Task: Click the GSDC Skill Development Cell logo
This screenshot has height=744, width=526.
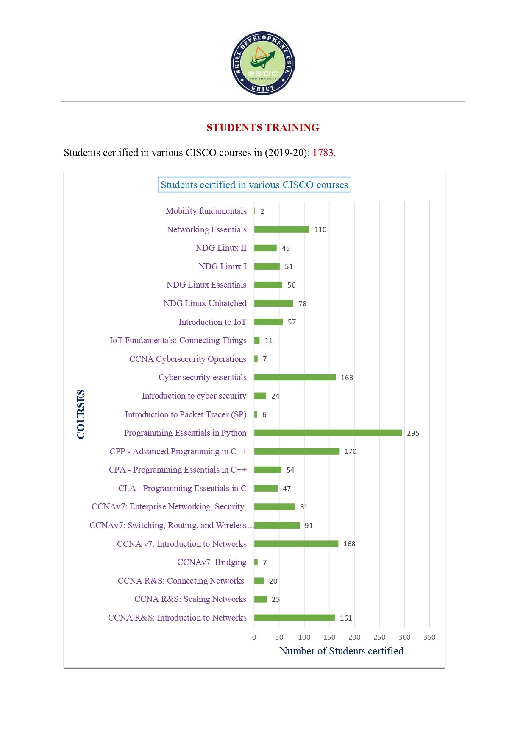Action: click(x=263, y=63)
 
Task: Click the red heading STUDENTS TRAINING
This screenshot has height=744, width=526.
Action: click(x=263, y=128)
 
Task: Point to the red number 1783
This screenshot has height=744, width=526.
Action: click(x=323, y=153)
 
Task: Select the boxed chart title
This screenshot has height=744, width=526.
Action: click(x=254, y=185)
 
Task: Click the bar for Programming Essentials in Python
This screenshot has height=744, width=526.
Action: click(x=328, y=433)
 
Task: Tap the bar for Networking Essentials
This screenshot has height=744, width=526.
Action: click(x=281, y=229)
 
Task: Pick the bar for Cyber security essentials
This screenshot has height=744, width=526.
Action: click(x=295, y=378)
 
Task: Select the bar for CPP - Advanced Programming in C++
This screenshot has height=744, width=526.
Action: click(x=297, y=451)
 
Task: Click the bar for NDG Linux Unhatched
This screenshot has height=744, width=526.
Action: click(x=273, y=303)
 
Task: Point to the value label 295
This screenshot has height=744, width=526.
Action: click(x=413, y=433)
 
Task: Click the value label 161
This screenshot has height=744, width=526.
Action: click(x=346, y=618)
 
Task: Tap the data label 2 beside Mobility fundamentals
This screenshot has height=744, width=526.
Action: click(x=262, y=211)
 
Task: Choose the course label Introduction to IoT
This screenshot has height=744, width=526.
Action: click(x=212, y=322)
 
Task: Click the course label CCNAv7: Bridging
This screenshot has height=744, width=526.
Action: click(x=212, y=562)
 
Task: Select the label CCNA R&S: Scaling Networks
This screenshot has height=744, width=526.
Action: click(x=190, y=599)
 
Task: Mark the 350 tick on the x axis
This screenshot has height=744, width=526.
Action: click(x=429, y=637)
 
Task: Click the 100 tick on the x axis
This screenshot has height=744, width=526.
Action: click(x=304, y=637)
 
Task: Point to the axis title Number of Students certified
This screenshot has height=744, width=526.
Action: click(x=342, y=651)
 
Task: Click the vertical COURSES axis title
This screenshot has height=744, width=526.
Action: click(x=81, y=414)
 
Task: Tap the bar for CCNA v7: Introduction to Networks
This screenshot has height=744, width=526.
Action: click(x=296, y=544)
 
